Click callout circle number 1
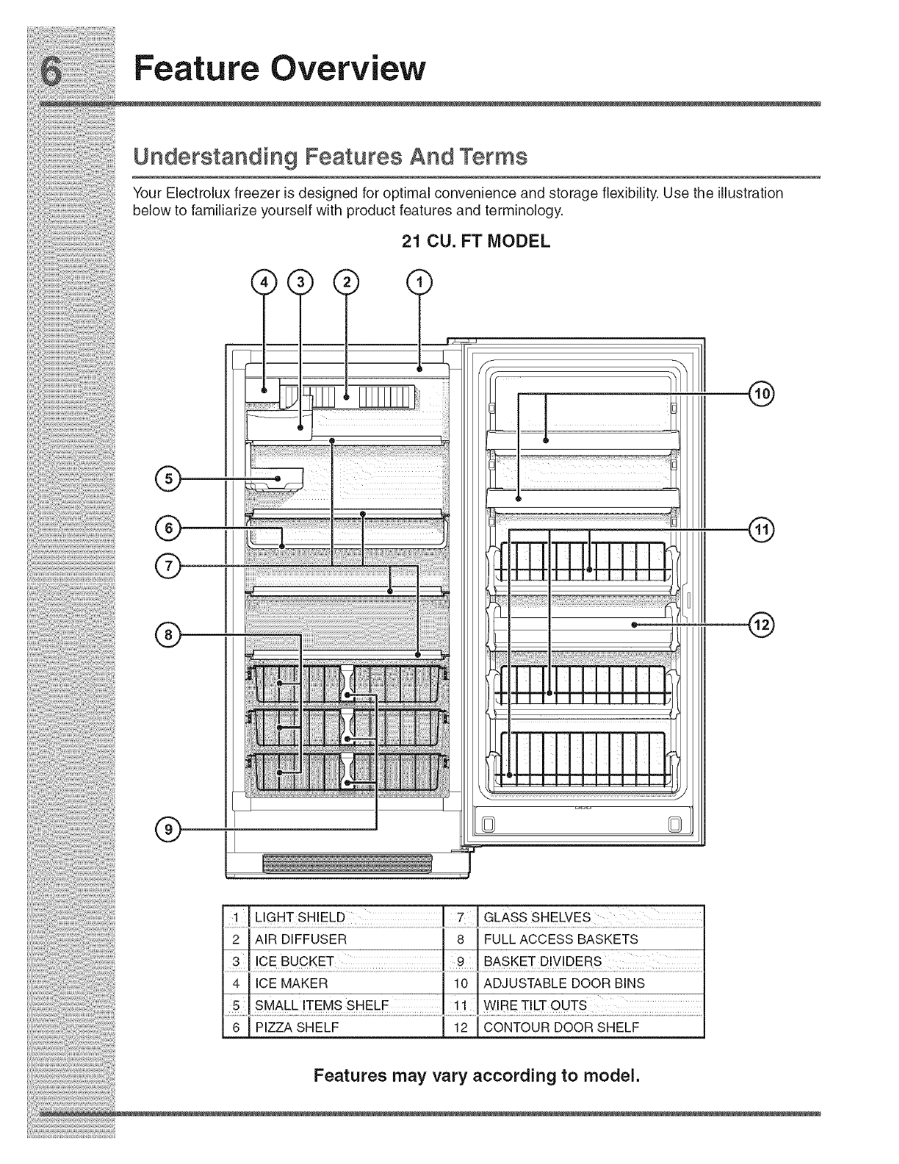[419, 281]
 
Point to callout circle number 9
[168, 829]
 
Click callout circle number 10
[762, 395]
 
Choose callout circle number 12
[762, 625]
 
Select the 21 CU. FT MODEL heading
[475, 241]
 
